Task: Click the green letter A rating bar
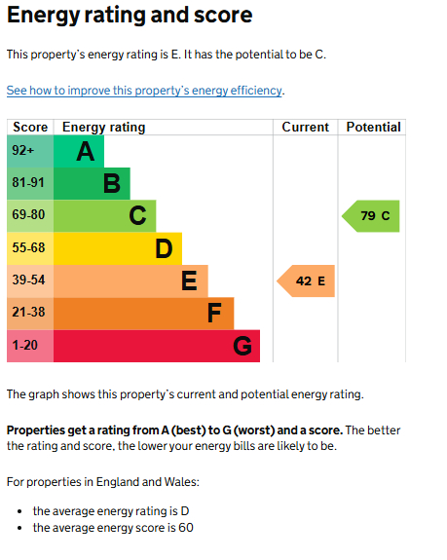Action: [x=79, y=151]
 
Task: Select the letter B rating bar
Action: [x=92, y=183]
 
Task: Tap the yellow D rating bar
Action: [x=118, y=248]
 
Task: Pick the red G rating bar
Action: [x=157, y=346]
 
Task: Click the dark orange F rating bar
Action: [x=143, y=314]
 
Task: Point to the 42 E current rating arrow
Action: [x=306, y=281]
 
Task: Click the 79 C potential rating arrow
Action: [x=371, y=216]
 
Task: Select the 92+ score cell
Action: [x=30, y=151]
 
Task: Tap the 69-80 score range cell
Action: [x=30, y=216]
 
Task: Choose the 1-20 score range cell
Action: [x=30, y=346]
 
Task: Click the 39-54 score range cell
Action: [x=30, y=281]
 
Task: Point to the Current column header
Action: [x=305, y=128]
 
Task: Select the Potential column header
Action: [x=373, y=128]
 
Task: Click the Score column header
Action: [x=30, y=128]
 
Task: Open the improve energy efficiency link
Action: [x=144, y=91]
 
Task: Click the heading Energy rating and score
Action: [x=130, y=15]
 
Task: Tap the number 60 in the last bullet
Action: [x=186, y=528]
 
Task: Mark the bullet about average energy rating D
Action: [x=111, y=511]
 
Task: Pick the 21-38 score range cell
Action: [x=30, y=314]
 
